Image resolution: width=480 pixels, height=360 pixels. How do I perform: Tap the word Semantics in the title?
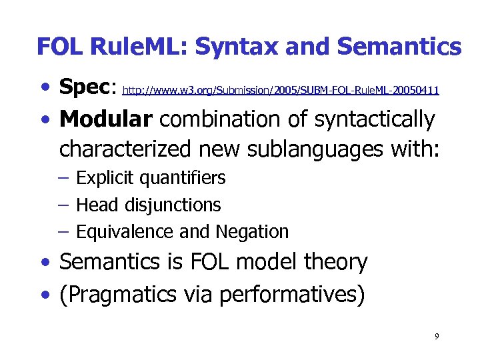399,47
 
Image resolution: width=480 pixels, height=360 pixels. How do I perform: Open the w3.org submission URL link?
281,90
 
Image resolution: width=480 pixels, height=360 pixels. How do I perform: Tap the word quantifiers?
183,178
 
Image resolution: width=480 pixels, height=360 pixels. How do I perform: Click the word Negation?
251,231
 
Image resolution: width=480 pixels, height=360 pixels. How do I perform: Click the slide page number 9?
436,336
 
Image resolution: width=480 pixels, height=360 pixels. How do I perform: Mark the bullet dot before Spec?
44,88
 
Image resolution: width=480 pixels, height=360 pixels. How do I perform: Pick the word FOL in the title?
61,47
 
